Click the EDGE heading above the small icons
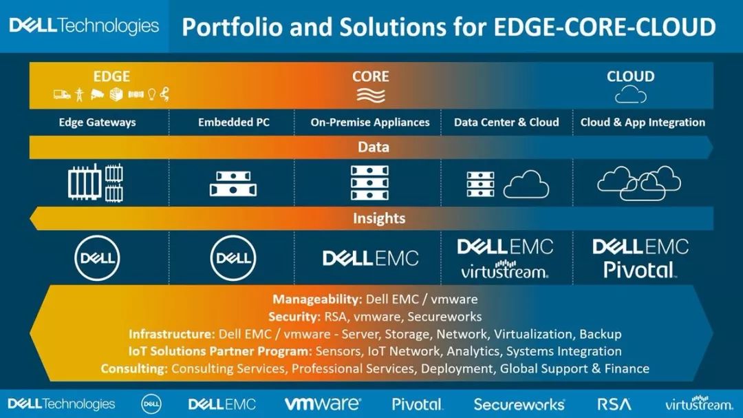point(111,76)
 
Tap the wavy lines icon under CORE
point(371,95)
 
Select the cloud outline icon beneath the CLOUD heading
point(631,94)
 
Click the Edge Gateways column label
point(97,123)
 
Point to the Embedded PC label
point(234,123)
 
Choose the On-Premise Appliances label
point(370,123)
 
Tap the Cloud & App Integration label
point(643,123)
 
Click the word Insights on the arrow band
point(379,218)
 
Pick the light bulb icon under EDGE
point(151,94)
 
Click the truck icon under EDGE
point(62,94)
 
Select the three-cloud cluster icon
point(638,182)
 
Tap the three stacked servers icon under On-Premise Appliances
point(369,182)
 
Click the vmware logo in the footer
point(322,404)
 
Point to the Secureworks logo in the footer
point(519,404)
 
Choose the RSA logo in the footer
point(614,404)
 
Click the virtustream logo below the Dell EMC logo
point(505,269)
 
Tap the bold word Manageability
point(317,300)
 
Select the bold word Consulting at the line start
point(134,368)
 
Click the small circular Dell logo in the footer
point(151,404)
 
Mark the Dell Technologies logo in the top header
point(84,25)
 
